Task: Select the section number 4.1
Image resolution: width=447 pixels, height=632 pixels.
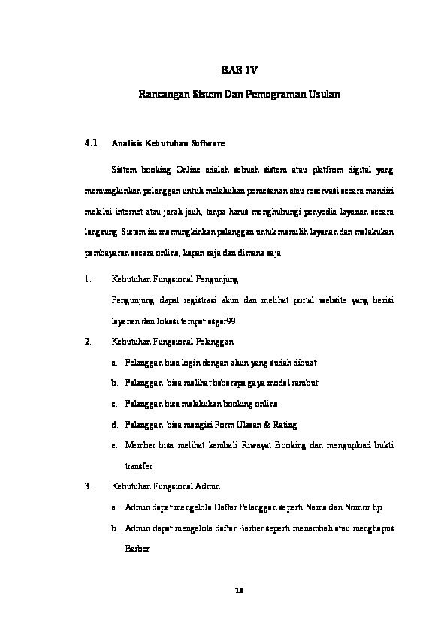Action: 92,141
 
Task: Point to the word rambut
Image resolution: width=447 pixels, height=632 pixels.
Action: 303,383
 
